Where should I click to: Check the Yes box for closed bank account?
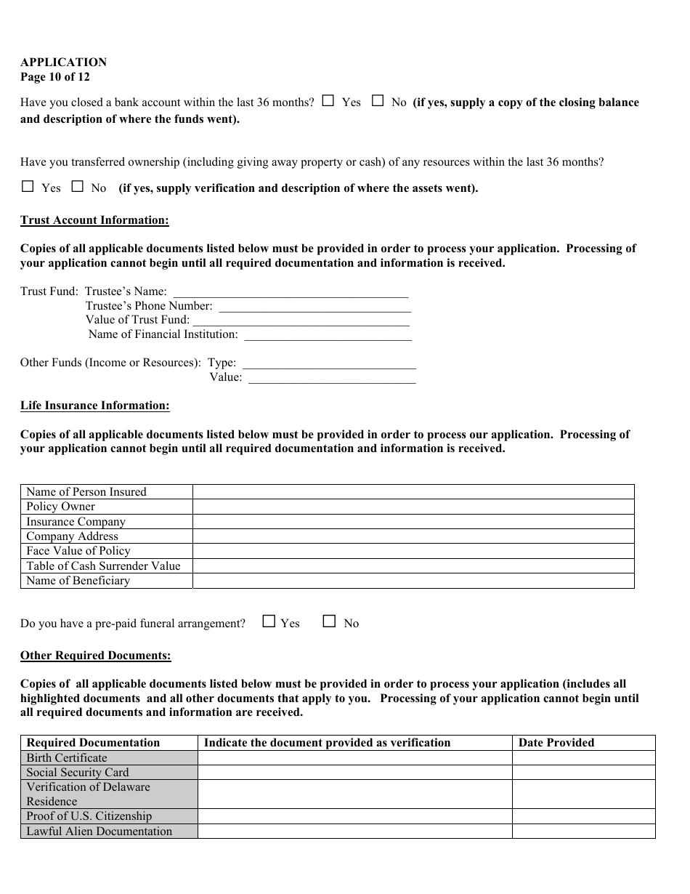click(328, 101)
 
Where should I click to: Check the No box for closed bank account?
click(378, 101)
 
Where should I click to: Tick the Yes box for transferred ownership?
click(28, 186)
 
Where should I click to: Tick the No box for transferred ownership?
click(77, 186)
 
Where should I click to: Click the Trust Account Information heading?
click(94, 220)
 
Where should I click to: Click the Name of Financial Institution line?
click(328, 335)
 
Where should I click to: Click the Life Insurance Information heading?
click(94, 406)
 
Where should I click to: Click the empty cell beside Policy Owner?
click(413, 507)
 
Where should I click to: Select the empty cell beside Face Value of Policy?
click(413, 551)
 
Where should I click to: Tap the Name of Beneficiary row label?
click(78, 581)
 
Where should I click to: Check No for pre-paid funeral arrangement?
click(330, 621)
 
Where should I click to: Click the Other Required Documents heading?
click(95, 656)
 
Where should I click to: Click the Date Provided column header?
click(556, 743)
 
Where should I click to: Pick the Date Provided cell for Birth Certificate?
click(583, 758)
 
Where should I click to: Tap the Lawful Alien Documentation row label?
click(100, 831)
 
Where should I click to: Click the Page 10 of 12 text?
click(55, 77)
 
